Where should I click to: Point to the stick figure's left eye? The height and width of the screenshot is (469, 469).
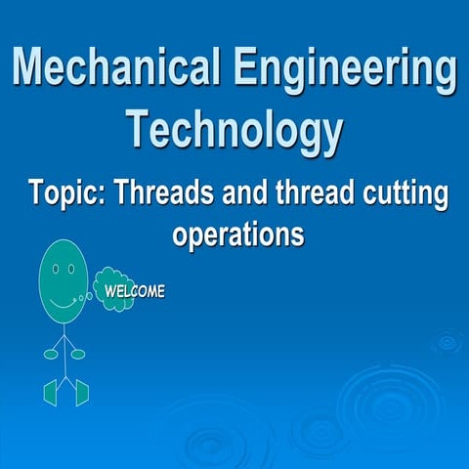pyautogui.click(x=56, y=266)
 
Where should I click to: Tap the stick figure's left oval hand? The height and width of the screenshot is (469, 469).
pyautogui.click(x=50, y=354)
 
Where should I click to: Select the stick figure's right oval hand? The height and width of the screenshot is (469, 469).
pyautogui.click(x=78, y=354)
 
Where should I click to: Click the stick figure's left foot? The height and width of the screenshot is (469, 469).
pyautogui.click(x=50, y=393)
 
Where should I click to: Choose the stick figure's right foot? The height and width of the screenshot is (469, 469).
pyautogui.click(x=82, y=392)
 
